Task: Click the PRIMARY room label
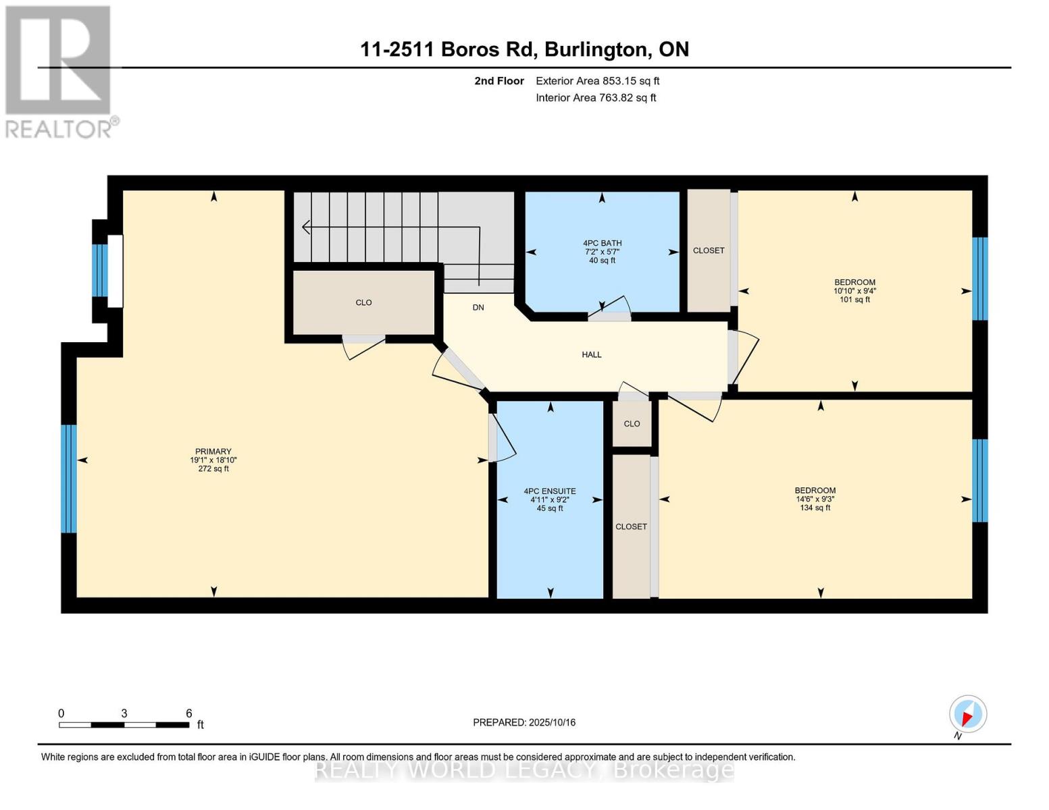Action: pyautogui.click(x=213, y=451)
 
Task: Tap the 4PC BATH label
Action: pyautogui.click(x=602, y=243)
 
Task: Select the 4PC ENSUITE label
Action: pyautogui.click(x=550, y=491)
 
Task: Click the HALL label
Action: pyautogui.click(x=591, y=354)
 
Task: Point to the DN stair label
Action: pyautogui.click(x=478, y=307)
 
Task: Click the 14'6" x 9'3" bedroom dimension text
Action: pyautogui.click(x=815, y=500)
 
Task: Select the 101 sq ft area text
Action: pyautogui.click(x=854, y=299)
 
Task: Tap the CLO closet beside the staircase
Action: pyautogui.click(x=363, y=302)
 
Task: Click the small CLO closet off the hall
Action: pyautogui.click(x=632, y=424)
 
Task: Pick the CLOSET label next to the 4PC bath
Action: pyautogui.click(x=708, y=250)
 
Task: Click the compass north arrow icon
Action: pyautogui.click(x=968, y=714)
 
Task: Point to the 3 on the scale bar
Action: pyautogui.click(x=124, y=713)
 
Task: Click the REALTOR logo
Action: pyautogui.click(x=60, y=72)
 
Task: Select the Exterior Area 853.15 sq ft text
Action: pyautogui.click(x=598, y=81)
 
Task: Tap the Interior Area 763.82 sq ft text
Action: pyautogui.click(x=596, y=97)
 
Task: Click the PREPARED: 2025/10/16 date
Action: pyautogui.click(x=524, y=722)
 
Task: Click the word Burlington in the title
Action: pyautogui.click(x=596, y=50)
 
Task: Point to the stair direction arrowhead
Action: pyautogui.click(x=306, y=227)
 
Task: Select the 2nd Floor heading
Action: pyautogui.click(x=499, y=81)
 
